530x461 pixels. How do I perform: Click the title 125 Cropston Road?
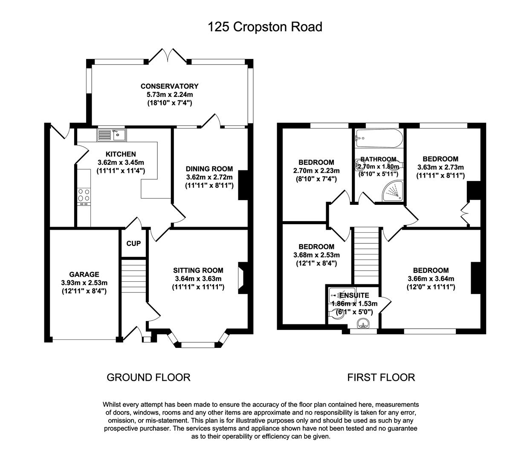point(265,27)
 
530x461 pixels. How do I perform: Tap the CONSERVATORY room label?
point(169,86)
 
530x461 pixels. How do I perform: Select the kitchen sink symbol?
point(111,135)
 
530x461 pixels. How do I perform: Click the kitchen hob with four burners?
point(84,195)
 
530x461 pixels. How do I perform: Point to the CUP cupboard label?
point(133,244)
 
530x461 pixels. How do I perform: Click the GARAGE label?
point(84,274)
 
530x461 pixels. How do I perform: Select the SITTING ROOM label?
point(198,270)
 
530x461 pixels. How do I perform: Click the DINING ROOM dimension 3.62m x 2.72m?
point(209,177)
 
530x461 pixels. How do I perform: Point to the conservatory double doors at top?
point(168,56)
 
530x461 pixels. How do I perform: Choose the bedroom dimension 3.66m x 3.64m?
point(430,279)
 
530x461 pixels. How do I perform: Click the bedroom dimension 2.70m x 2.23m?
point(316,171)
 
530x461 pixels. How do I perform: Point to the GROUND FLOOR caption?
point(148,377)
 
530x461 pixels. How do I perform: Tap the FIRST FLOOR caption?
point(381,377)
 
